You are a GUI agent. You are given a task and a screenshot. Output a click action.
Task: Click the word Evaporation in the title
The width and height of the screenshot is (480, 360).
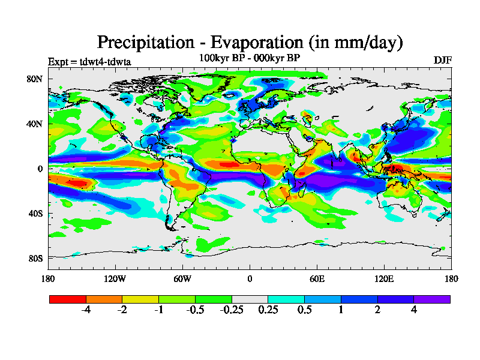253,43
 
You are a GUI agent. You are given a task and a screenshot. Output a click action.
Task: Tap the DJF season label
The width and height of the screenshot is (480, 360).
442,61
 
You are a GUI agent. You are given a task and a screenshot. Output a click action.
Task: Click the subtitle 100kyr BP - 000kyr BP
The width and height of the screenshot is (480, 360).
249,58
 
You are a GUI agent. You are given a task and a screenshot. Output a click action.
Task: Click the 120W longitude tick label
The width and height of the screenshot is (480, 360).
115,278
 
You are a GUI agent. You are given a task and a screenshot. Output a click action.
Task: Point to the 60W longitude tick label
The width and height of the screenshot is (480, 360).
182,278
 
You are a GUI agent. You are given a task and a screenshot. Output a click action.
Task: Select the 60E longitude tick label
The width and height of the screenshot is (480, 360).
317,278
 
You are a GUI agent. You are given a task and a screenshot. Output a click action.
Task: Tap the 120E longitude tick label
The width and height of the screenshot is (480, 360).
384,278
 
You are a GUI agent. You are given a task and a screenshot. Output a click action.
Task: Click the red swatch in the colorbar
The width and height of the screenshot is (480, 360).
68,299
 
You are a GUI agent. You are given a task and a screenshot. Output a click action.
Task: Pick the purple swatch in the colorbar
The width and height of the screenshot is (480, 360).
432,299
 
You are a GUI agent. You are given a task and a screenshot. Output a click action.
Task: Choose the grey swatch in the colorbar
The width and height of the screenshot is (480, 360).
250,299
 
